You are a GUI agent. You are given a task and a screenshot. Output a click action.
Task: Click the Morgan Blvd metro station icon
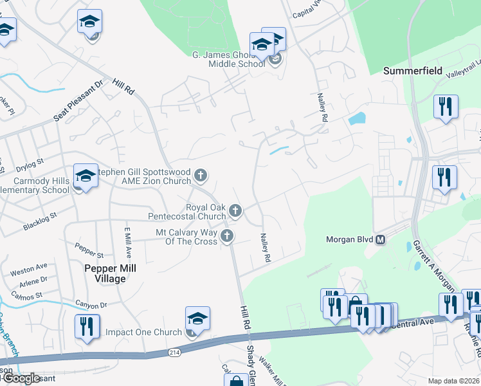(380, 240)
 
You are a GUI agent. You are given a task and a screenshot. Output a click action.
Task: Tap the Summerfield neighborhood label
(413, 71)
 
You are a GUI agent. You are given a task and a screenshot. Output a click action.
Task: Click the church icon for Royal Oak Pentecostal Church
(236, 210)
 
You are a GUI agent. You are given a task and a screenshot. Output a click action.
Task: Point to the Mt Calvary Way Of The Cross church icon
(226, 236)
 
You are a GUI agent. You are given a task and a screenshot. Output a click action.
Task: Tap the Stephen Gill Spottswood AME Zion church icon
(201, 174)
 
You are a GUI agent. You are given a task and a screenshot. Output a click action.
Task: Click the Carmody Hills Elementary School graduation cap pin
(86, 175)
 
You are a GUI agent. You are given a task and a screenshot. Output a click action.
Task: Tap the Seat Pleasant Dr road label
(78, 101)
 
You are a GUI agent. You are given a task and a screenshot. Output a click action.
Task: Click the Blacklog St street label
(40, 221)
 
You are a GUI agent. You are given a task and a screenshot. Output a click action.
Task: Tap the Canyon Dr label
(91, 305)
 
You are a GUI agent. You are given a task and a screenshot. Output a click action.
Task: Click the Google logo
(21, 378)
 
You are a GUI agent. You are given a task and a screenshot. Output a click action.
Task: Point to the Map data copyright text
(454, 381)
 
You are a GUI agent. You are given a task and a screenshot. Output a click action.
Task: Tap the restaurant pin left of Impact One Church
(86, 326)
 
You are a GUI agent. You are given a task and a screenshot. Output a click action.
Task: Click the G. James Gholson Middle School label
(229, 59)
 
